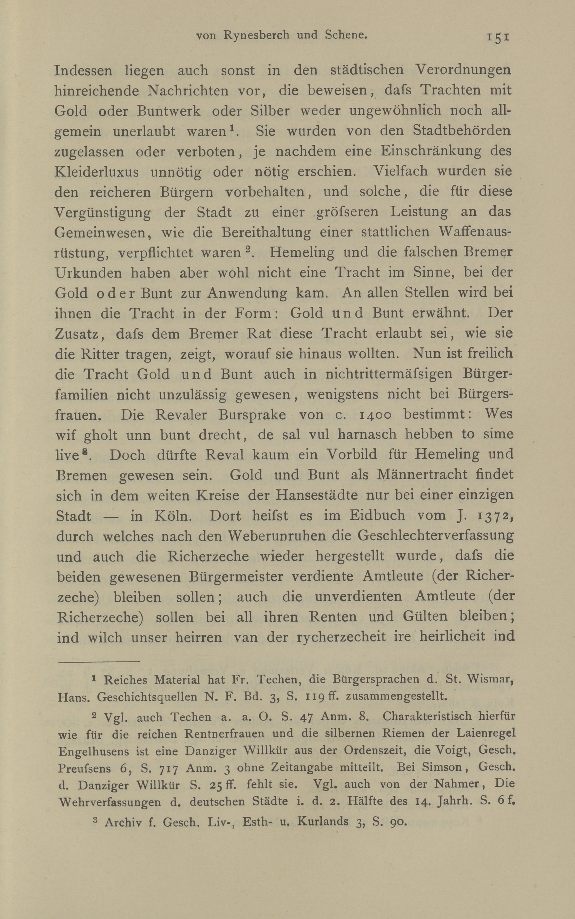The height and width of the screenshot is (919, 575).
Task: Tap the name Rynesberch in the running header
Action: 256,35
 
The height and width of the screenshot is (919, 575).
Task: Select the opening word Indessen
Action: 83,71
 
